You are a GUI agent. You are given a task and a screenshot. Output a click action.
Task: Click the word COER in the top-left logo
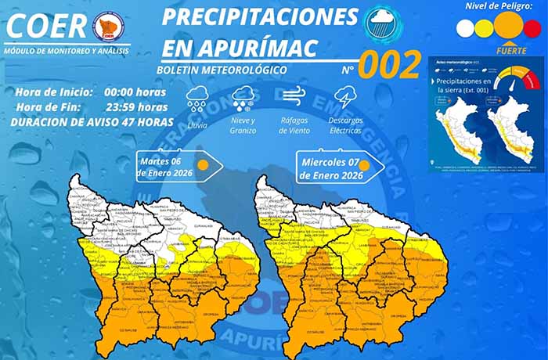(47, 26)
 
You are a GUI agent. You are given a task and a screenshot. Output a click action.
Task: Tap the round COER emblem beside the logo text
(107, 27)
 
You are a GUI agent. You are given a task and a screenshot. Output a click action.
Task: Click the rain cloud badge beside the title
(384, 23)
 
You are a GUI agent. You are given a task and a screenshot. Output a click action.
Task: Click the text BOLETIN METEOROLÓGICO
(222, 70)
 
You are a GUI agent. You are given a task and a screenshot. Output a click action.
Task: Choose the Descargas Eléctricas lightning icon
(345, 98)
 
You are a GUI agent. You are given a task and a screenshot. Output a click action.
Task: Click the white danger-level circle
(465, 28)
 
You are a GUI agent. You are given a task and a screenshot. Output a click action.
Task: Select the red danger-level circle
(532, 28)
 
